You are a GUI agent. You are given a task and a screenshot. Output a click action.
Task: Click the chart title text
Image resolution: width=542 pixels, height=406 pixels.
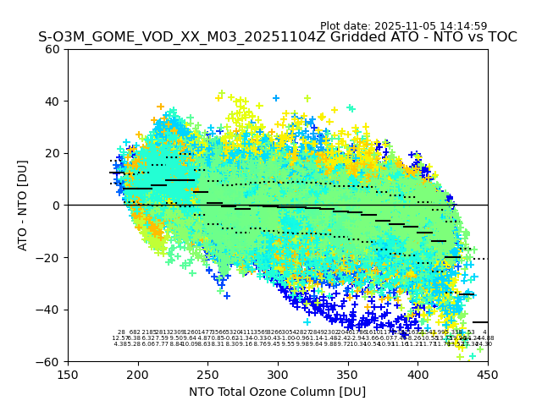coord(277,37)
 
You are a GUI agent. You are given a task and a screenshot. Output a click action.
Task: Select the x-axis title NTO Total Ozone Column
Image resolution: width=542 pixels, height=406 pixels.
coord(277,392)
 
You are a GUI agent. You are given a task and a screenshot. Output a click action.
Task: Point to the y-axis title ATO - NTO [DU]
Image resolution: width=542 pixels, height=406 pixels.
coord(24,205)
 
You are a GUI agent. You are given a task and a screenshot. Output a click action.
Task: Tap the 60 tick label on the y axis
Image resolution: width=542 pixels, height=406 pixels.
coord(52,49)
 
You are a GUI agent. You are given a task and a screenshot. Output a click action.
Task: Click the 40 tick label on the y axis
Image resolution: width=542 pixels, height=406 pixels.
coord(52,101)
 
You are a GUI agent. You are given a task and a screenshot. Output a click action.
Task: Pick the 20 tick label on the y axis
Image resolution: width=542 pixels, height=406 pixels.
coord(52,153)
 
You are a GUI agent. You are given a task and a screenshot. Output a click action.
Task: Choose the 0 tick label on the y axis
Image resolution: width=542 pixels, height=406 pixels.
coord(55,206)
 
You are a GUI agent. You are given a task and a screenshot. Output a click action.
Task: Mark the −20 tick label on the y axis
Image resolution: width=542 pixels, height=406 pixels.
coord(48,257)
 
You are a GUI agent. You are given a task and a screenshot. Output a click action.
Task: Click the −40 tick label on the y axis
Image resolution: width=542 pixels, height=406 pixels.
coord(48,310)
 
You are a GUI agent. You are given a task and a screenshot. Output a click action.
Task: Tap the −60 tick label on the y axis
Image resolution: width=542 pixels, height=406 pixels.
coord(48,362)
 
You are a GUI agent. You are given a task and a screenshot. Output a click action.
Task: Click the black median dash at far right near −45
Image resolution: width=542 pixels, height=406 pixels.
coord(480,322)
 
